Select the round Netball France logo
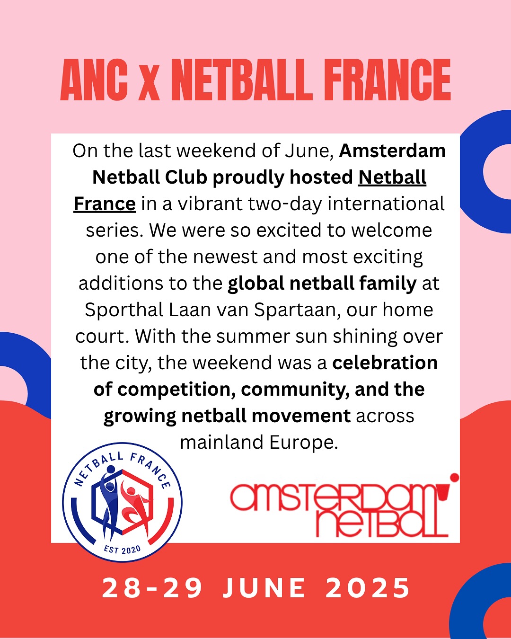coord(123,502)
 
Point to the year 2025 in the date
coord(368,588)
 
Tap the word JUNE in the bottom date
coord(264,588)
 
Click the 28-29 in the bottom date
coord(152,588)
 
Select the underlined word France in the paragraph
coord(105,204)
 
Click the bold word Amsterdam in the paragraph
coord(392,151)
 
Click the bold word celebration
coord(385,363)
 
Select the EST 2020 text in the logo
coord(123,550)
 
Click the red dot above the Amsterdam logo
coord(454,478)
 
